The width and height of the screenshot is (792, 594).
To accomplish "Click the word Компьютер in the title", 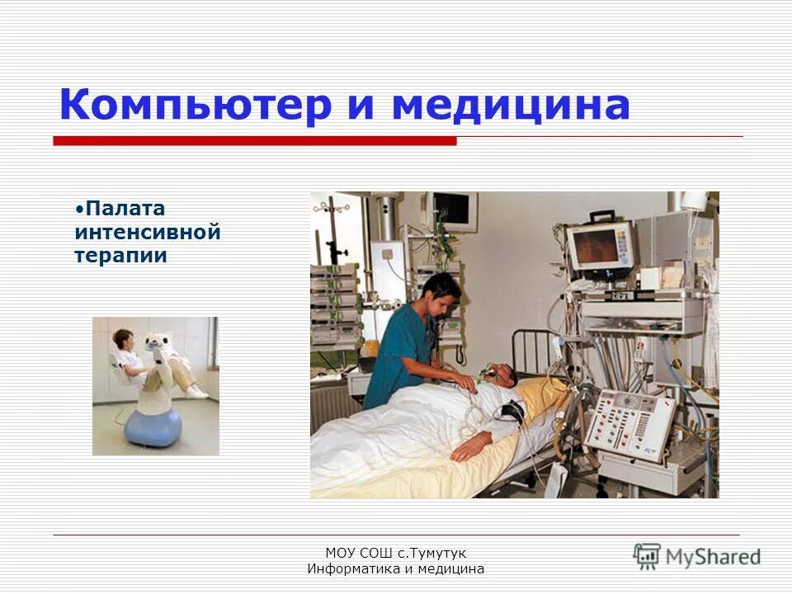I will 195,106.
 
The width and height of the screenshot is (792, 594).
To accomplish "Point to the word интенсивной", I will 147,233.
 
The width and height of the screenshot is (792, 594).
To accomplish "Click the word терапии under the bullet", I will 120,256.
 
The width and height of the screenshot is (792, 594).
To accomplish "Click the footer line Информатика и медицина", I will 395,569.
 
